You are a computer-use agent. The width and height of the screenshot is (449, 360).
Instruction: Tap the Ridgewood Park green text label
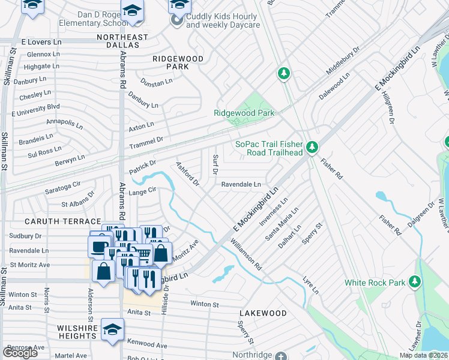point(244,113)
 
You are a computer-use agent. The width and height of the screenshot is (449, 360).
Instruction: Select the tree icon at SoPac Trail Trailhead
point(312,147)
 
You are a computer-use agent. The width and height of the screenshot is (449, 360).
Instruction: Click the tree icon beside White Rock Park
point(415,281)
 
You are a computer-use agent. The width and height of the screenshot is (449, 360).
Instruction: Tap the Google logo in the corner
point(20,352)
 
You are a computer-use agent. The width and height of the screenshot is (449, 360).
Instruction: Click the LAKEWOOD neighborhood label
point(263,313)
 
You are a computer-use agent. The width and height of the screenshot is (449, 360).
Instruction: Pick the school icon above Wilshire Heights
point(112,330)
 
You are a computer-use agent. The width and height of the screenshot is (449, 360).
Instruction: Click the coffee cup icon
point(99,246)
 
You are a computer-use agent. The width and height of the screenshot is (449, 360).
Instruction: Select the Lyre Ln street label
point(310,285)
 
